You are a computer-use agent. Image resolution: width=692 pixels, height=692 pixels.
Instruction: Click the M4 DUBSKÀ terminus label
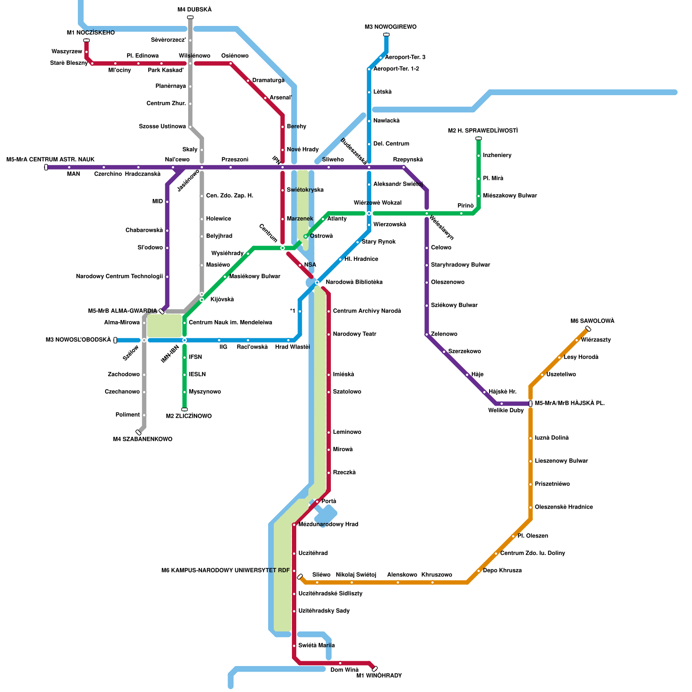tap(194, 10)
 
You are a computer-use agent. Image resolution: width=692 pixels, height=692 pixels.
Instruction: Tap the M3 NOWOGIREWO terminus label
tap(391, 27)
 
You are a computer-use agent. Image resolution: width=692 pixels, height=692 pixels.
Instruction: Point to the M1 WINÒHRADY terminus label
tap(379, 676)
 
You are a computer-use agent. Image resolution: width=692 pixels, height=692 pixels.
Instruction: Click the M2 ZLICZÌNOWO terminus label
tap(189, 416)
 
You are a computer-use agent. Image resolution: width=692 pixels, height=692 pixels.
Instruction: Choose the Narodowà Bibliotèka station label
tap(354, 282)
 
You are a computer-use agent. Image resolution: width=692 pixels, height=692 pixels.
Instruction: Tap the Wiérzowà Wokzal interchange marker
tap(369, 213)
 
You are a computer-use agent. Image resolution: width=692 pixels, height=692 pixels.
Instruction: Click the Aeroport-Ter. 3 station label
tap(405, 57)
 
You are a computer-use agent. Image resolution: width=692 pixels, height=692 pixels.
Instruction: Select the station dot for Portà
tap(317, 501)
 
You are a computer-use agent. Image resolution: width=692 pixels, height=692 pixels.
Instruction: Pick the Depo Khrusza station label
tap(502, 570)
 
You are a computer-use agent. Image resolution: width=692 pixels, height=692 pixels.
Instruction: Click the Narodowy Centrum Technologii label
tap(119, 276)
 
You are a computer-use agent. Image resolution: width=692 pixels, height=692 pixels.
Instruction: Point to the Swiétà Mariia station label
tap(316, 645)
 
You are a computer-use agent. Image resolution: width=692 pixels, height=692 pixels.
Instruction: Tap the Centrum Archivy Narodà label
tap(367, 311)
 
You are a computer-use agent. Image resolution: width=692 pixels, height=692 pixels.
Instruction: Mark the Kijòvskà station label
tap(222, 299)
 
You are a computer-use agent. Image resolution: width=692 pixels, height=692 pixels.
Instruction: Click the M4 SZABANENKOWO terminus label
tap(143, 439)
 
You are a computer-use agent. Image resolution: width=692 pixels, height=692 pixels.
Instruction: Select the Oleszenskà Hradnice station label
tap(564, 507)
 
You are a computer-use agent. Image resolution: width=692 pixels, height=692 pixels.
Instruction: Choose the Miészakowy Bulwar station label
tap(509, 195)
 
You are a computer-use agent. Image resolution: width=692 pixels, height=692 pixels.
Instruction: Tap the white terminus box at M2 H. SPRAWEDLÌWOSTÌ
tap(478, 138)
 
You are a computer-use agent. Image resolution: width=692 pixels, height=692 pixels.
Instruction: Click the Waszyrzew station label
tap(67, 51)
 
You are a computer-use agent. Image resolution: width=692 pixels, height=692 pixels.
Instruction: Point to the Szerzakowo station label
tap(464, 351)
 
